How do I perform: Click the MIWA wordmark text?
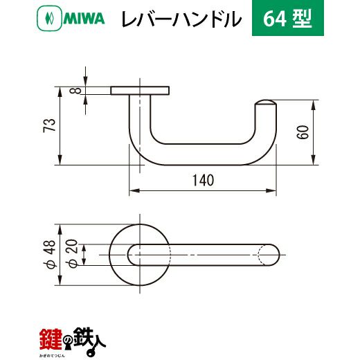click(84, 19)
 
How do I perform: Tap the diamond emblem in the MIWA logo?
click(49, 19)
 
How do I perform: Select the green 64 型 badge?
click(288, 18)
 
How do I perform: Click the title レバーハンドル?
click(181, 19)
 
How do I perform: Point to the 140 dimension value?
click(204, 180)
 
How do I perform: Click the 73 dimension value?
click(49, 125)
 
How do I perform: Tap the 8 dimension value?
click(75, 90)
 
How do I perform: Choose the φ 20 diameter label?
click(71, 253)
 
